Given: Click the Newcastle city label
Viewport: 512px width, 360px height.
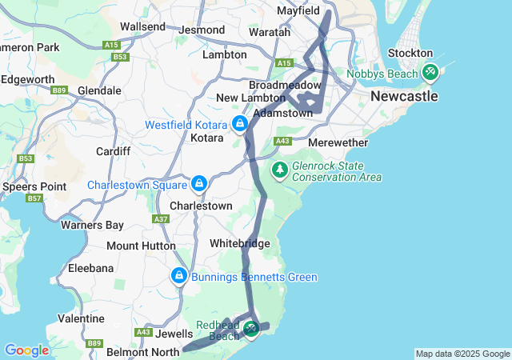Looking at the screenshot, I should point(404,96).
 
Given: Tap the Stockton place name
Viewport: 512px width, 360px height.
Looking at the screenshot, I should point(410,53).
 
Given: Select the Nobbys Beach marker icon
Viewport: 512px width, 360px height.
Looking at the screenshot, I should point(430,73).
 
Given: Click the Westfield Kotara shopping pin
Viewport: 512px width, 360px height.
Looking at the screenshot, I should point(239,124).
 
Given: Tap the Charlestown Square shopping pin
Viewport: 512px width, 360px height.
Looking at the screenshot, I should point(199,184).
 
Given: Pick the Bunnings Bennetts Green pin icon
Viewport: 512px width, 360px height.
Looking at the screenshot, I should point(178,276).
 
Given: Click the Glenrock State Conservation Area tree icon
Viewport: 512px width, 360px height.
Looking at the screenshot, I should point(279,170).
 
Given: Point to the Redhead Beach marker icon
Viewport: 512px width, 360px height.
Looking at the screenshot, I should point(251,329).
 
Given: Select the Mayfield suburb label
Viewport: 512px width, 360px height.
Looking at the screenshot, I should point(298,11).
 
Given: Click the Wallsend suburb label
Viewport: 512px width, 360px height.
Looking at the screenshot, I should point(142,26).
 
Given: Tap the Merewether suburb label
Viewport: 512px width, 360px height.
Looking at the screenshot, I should point(338,142).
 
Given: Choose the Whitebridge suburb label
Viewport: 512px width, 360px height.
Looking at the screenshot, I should point(239,243).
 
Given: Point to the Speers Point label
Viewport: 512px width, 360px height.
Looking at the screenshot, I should point(22,186).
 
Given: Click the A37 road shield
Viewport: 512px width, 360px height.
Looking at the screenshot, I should point(162,219).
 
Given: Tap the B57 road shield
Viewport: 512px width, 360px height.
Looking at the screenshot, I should point(34,198).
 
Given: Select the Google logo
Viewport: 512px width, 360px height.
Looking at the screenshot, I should point(26,350).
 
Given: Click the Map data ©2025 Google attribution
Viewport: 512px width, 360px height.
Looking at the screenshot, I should point(462,354).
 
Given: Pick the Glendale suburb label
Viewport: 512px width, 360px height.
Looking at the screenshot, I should point(99,90).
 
